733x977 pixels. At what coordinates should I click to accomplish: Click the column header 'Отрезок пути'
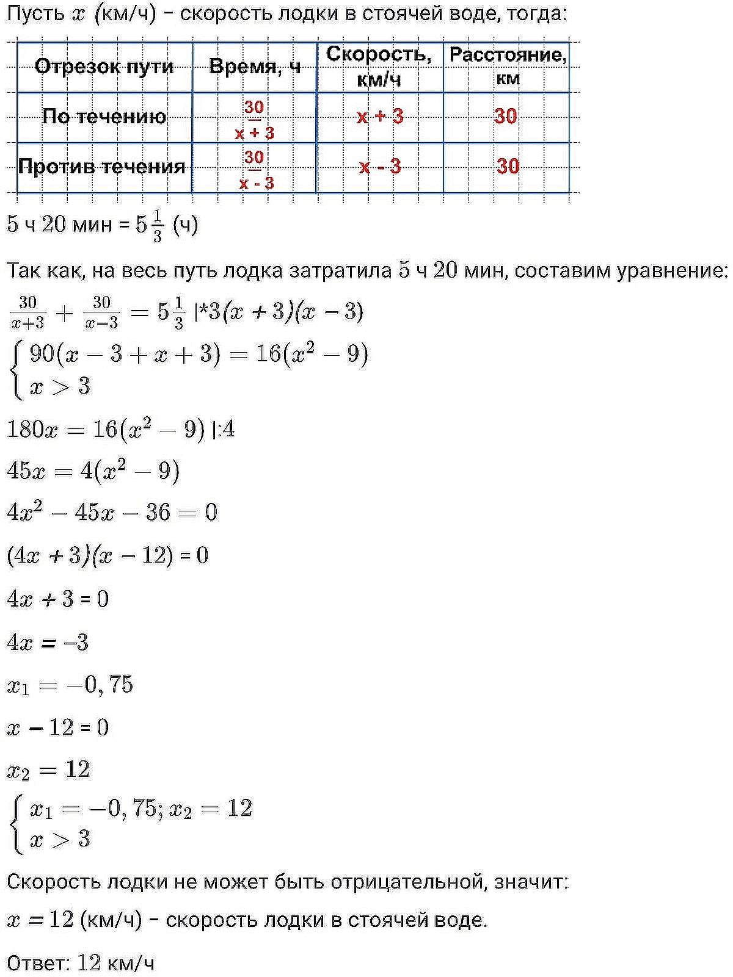(104, 67)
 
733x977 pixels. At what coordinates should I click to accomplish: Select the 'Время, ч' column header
(255, 67)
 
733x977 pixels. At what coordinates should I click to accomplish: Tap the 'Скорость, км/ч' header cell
(379, 66)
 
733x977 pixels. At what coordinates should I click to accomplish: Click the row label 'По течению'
(104, 117)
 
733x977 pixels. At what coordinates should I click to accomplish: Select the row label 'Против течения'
(102, 167)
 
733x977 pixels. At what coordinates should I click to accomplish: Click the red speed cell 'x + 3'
(380, 116)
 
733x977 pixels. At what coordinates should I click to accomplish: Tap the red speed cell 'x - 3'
(380, 166)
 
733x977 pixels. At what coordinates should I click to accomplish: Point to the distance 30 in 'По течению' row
(506, 116)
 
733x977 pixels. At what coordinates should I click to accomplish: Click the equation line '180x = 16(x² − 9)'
(106, 430)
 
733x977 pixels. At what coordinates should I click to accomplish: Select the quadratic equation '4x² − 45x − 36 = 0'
(112, 512)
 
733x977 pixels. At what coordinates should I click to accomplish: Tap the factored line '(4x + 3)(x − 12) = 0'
(108, 555)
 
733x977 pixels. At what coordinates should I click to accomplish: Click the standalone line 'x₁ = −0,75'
(70, 685)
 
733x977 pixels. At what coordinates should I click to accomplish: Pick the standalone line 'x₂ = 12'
(48, 770)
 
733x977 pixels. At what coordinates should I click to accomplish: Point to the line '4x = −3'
(48, 643)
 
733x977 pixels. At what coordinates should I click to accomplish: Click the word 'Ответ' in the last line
(37, 964)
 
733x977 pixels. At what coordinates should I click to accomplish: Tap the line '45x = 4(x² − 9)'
(93, 472)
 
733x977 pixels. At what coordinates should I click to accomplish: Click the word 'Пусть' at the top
(35, 13)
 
